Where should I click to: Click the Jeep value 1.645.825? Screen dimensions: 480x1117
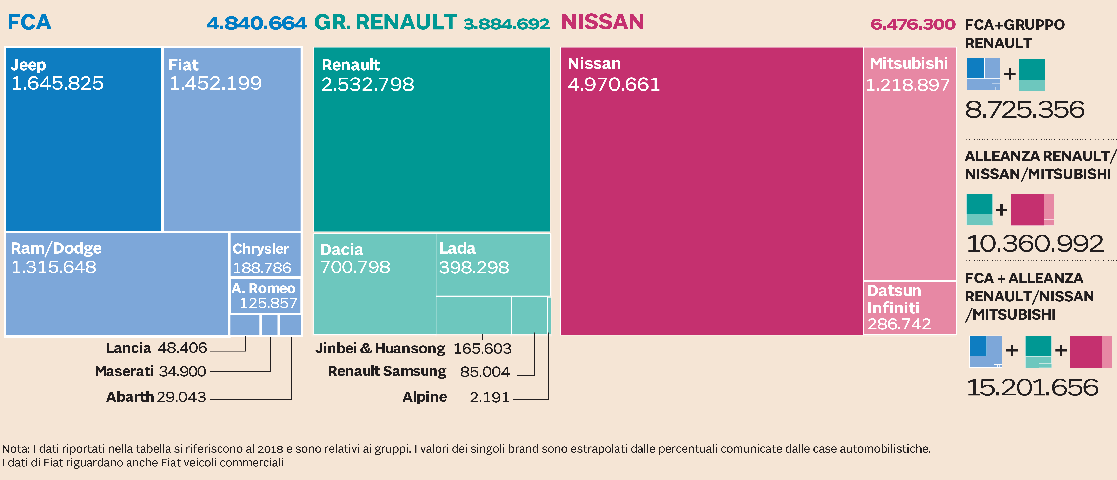(x=58, y=83)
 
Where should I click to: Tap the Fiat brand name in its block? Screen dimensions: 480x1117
(x=184, y=65)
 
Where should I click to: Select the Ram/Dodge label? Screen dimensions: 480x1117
(x=56, y=248)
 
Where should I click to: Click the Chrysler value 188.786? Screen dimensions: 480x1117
(x=262, y=268)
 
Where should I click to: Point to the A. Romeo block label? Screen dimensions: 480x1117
(x=263, y=288)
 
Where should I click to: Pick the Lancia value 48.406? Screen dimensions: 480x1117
(x=182, y=348)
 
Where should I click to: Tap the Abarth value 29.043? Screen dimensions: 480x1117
(x=181, y=397)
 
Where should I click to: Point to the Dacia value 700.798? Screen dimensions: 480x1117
(x=355, y=267)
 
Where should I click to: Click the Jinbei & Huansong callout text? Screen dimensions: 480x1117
(x=380, y=348)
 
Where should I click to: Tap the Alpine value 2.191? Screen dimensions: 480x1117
(x=489, y=397)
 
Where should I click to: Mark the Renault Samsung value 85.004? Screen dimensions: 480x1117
(x=485, y=372)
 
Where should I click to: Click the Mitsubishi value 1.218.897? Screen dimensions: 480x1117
(x=907, y=85)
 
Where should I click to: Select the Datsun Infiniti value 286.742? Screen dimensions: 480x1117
(x=899, y=324)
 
